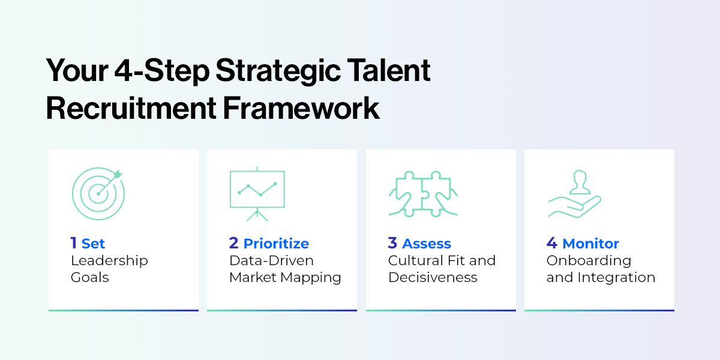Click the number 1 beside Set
pyautogui.click(x=73, y=243)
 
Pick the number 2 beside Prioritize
pyautogui.click(x=234, y=243)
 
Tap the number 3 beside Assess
pyautogui.click(x=392, y=243)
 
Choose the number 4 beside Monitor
pyautogui.click(x=551, y=243)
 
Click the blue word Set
pyautogui.click(x=93, y=244)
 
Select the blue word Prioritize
pyautogui.click(x=276, y=244)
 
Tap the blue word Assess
pyautogui.click(x=427, y=244)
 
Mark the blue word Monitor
pyautogui.click(x=590, y=244)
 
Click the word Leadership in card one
pyautogui.click(x=109, y=260)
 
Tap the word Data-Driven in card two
pyautogui.click(x=271, y=260)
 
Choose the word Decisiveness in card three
pyautogui.click(x=433, y=277)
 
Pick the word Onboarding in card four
pyautogui.click(x=580, y=260)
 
